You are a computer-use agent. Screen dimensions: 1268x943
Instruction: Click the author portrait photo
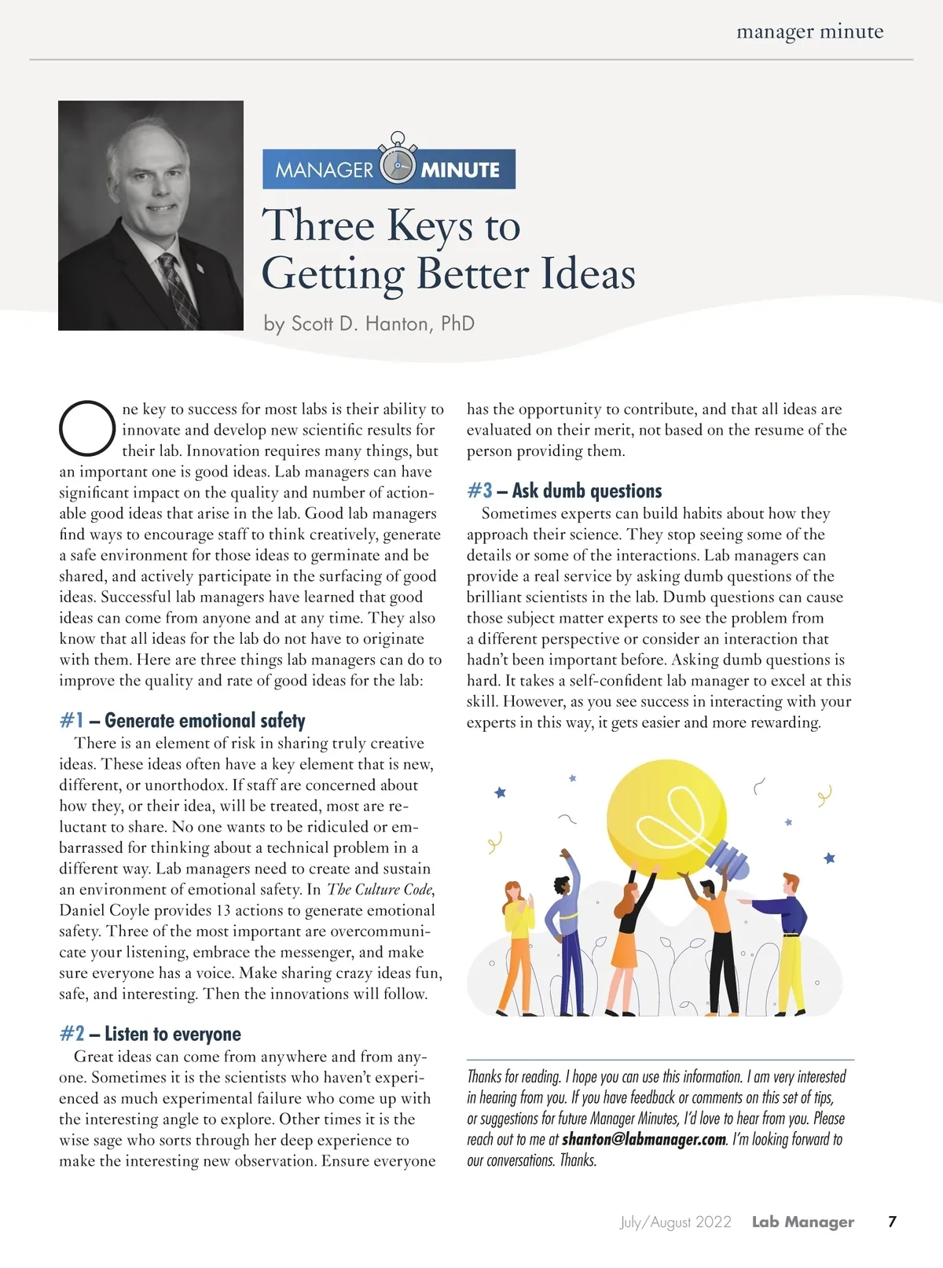pos(151,215)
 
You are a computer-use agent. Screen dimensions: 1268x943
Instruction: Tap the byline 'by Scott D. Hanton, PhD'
pos(369,324)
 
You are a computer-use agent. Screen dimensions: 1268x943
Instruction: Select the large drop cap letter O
pos(87,428)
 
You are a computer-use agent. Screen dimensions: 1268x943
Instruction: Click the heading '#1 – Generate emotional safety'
pos(182,721)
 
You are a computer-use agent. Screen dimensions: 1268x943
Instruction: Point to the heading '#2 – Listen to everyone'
pos(150,1034)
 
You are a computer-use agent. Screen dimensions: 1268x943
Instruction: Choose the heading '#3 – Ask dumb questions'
pos(564,491)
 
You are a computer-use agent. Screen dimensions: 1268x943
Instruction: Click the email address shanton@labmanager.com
pos(644,1139)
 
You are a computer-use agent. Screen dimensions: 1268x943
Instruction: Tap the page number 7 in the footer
pos(892,1222)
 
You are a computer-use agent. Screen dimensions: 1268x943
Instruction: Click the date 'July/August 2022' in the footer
pos(675,1222)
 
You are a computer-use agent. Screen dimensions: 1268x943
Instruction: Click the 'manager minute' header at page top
pos(809,32)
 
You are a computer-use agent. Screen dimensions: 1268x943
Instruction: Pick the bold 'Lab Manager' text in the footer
pos(802,1222)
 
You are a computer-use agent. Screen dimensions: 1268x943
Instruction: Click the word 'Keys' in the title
pos(430,226)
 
